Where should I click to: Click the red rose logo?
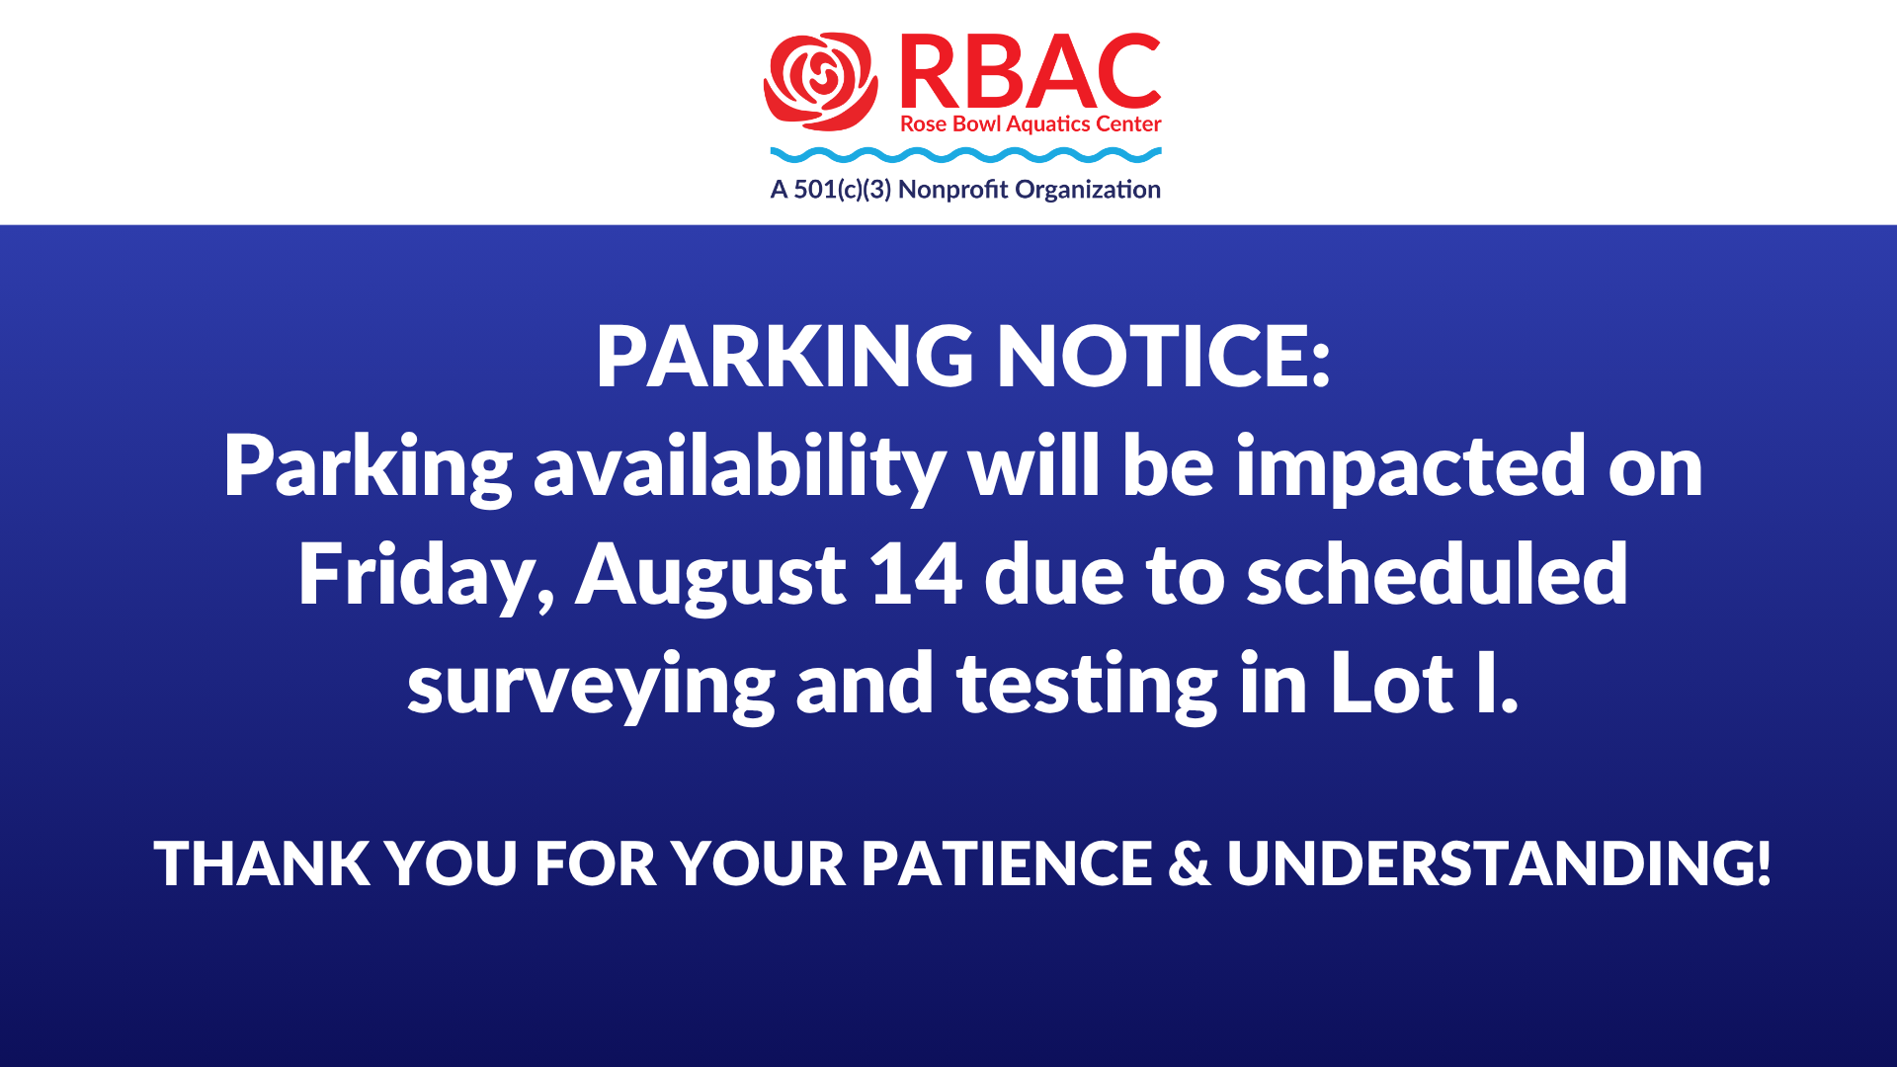[821, 81]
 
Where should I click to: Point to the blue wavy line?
[965, 155]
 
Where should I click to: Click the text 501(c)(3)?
[842, 190]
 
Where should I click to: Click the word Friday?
[426, 576]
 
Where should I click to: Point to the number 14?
[916, 574]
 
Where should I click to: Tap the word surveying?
[591, 686]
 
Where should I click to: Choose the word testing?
[1087, 686]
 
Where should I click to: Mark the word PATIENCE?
[1006, 863]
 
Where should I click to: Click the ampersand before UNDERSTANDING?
[1189, 863]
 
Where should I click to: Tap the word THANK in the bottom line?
[262, 863]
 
